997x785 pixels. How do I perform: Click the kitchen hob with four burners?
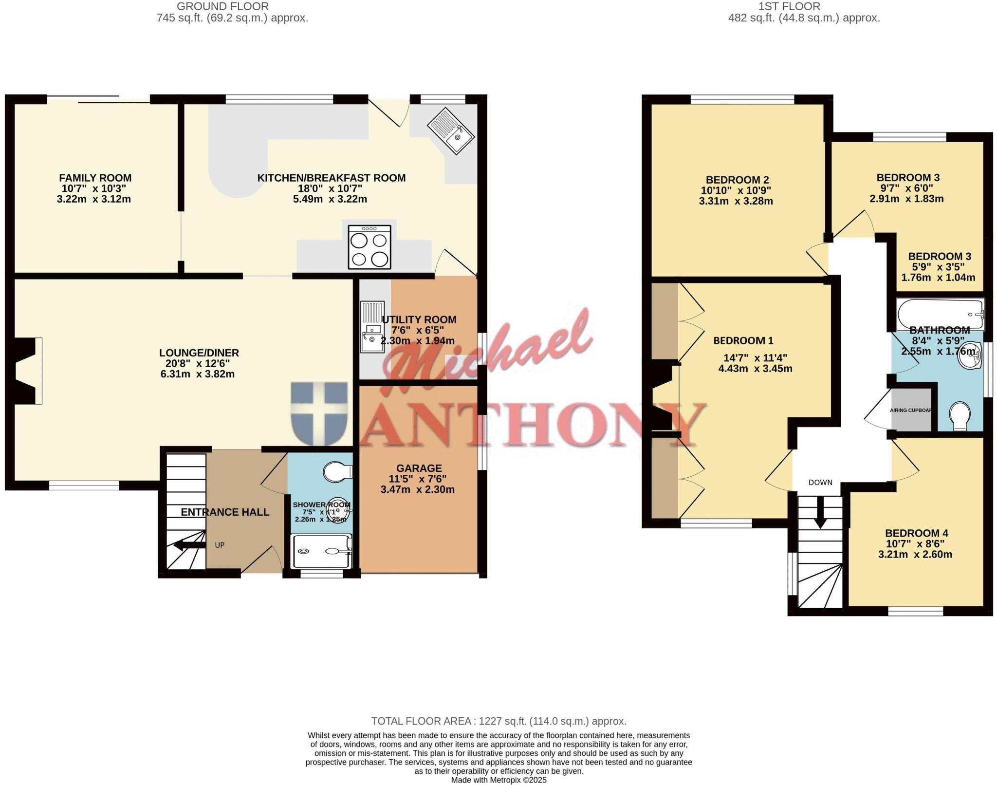pyautogui.click(x=369, y=247)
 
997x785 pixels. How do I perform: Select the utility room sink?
pyautogui.click(x=372, y=326)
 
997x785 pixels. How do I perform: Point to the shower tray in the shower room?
pyautogui.click(x=321, y=551)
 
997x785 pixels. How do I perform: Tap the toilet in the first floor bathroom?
pyautogui.click(x=960, y=415)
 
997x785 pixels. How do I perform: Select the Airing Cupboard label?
pyautogui.click(x=911, y=411)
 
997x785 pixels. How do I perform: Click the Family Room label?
pyautogui.click(x=95, y=178)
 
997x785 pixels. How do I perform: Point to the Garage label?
pyautogui.click(x=419, y=468)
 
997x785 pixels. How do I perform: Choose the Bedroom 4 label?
pyautogui.click(x=916, y=533)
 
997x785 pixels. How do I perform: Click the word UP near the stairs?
pyautogui.click(x=220, y=545)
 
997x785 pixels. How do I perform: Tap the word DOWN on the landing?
pyautogui.click(x=820, y=483)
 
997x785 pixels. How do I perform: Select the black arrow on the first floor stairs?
pyautogui.click(x=821, y=515)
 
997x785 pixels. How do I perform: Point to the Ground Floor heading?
pyautogui.click(x=222, y=6)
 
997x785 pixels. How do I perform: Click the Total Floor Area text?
pyautogui.click(x=498, y=721)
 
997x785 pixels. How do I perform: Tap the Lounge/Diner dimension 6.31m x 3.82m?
pyautogui.click(x=197, y=374)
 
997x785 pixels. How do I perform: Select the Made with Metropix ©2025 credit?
pyautogui.click(x=498, y=780)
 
